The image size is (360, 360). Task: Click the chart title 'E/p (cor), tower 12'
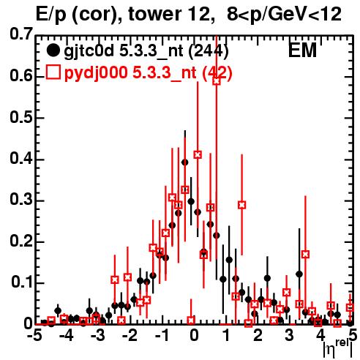click(123, 15)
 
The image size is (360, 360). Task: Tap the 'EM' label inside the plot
click(302, 50)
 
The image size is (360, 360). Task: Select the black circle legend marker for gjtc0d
click(53, 50)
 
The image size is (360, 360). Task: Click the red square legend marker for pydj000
click(53, 72)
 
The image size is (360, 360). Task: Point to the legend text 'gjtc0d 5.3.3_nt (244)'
click(146, 51)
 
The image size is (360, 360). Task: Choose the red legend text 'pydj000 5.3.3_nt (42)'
click(148, 73)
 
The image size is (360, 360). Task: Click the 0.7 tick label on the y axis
click(21, 34)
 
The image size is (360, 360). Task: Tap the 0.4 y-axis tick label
click(21, 159)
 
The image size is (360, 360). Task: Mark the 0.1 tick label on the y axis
click(21, 282)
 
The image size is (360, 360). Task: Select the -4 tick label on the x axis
click(67, 335)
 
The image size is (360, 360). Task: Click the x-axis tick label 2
click(258, 335)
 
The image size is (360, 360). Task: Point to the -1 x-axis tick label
click(162, 335)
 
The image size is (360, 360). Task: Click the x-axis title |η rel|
click(338, 350)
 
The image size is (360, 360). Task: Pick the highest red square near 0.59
click(217, 81)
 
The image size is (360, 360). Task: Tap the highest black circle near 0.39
click(185, 162)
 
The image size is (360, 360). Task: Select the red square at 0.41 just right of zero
click(198, 154)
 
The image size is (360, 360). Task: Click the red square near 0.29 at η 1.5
click(241, 205)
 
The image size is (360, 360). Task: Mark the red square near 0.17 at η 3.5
click(305, 255)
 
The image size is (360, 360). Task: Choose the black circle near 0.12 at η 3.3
click(299, 274)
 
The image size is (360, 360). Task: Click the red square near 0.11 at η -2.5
click(115, 280)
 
